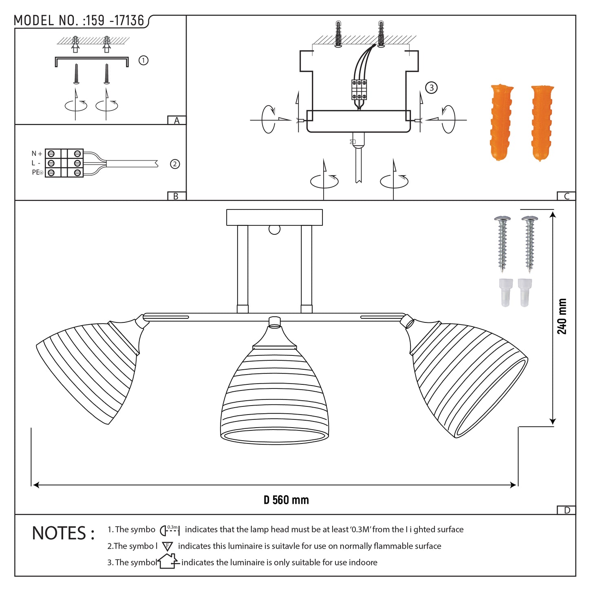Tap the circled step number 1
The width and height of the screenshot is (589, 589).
(143, 60)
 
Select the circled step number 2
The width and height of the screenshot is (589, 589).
(175, 164)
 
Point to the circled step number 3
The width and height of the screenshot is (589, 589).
(431, 88)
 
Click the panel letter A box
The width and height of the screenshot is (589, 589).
(176, 120)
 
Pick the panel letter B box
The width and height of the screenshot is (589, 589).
(176, 196)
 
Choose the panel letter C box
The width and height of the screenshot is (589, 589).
(566, 196)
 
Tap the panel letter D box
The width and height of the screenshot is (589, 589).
(566, 510)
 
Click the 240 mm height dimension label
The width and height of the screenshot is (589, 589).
(562, 316)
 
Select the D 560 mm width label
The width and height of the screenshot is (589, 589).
(286, 500)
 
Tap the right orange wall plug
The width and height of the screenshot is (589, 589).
(542, 122)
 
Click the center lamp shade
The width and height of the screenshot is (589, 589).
(274, 399)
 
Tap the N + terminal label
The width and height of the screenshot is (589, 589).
(37, 154)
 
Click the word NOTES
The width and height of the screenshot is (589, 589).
(63, 534)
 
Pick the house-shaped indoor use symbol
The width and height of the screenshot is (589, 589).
(168, 561)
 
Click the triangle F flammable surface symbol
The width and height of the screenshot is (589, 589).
(167, 546)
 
